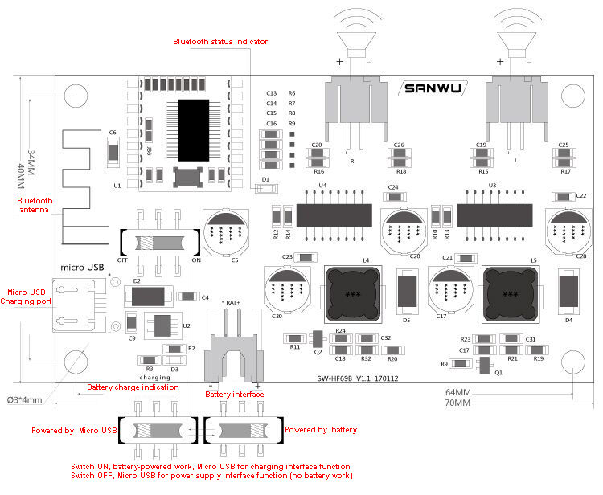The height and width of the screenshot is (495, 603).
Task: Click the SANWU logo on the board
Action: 433,89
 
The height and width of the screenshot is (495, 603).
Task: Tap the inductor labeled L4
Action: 351,294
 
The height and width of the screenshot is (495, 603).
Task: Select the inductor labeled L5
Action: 509,294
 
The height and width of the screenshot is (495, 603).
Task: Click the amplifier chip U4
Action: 334,215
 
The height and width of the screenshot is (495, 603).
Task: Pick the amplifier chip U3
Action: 494,215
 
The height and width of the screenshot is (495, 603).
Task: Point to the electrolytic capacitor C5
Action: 224,231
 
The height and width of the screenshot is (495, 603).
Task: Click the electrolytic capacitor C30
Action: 287,290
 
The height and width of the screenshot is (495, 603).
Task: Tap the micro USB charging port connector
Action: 77,306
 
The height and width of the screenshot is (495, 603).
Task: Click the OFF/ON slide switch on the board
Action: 158,243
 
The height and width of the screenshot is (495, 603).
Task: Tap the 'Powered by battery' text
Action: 321,430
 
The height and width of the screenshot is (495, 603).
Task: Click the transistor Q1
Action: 482,366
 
